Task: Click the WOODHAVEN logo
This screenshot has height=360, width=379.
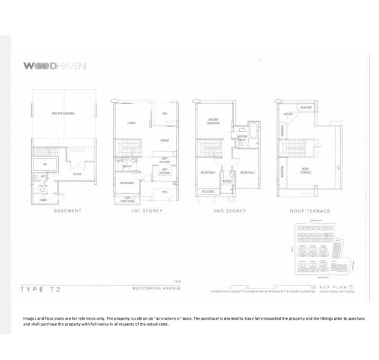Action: point(55,65)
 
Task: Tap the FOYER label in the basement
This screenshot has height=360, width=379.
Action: point(77,174)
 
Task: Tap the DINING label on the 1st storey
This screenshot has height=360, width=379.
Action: point(164,140)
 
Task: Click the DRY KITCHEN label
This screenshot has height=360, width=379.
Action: point(164,160)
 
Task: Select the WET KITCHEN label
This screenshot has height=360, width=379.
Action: point(164,172)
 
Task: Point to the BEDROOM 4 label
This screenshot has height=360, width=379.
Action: point(127,182)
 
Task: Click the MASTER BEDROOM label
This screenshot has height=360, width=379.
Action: point(212,121)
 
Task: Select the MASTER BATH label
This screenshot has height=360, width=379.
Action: point(242,138)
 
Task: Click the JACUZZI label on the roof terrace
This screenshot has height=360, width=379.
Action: point(287,113)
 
